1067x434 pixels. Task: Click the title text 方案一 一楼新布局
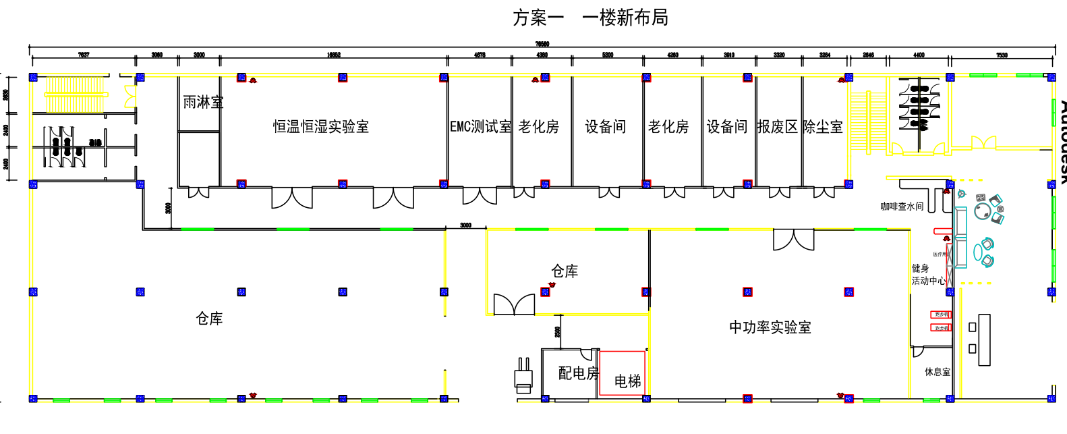[x=590, y=18]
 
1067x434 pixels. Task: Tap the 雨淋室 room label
[x=202, y=103]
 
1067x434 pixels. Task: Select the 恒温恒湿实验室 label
[x=320, y=127]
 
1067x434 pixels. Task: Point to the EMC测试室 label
[x=480, y=127]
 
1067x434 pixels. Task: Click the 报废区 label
[x=777, y=127]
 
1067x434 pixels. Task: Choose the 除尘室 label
[x=822, y=127]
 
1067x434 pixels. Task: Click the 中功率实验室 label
[x=770, y=327]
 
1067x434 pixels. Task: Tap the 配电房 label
[x=578, y=373]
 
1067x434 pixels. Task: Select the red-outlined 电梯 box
[x=622, y=373]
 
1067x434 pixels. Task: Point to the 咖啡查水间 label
[x=901, y=207]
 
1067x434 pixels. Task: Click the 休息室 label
[x=937, y=372]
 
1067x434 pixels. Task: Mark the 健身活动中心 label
[x=927, y=275]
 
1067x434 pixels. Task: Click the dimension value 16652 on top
[x=333, y=55]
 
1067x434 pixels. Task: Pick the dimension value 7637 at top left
[x=84, y=55]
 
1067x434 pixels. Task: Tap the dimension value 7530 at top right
[x=1002, y=55]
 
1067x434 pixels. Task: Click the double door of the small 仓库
[x=514, y=304]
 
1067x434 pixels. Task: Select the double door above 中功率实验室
[x=793, y=240]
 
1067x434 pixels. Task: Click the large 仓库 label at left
[x=209, y=319]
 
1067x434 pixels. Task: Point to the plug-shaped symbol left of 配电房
[x=523, y=375]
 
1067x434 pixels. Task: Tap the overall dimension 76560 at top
[x=542, y=45]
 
